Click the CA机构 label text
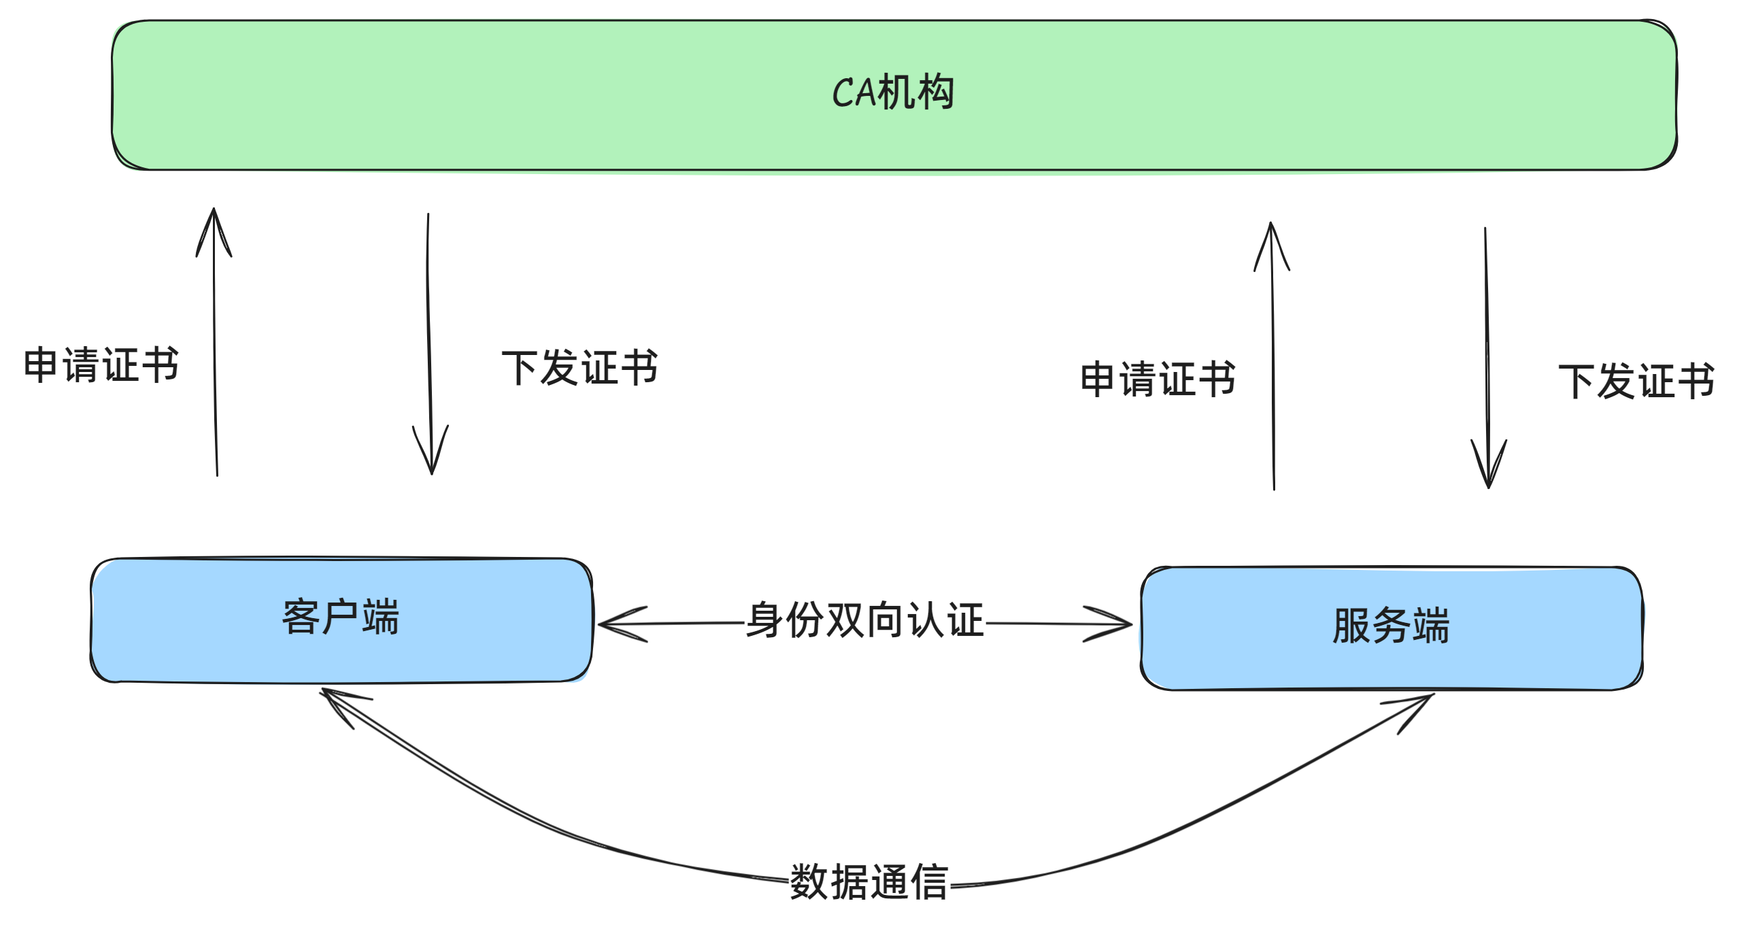point(892,93)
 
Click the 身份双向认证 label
point(864,620)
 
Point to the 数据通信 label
point(868,882)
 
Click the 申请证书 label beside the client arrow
point(101,365)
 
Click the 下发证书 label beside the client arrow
point(579,368)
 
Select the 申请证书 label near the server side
point(1158,379)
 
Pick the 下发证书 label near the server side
point(1636,382)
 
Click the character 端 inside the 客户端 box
point(381,617)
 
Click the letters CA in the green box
point(854,93)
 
